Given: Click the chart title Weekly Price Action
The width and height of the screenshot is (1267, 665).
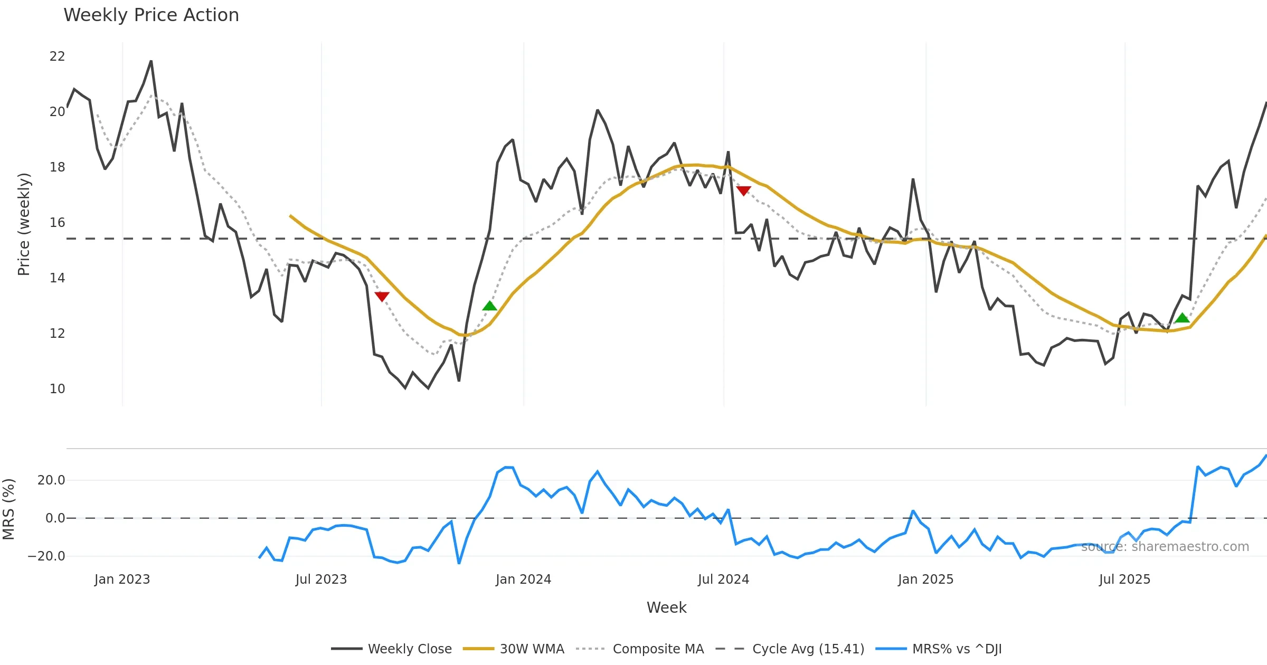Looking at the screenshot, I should (x=151, y=15).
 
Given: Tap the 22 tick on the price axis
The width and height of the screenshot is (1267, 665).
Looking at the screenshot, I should (x=57, y=56).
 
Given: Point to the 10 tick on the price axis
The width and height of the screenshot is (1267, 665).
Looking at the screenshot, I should (x=57, y=389).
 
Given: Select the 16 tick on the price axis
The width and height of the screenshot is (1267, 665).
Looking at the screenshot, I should (x=57, y=223).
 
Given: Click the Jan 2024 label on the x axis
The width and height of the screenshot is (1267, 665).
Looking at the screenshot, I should (x=523, y=579).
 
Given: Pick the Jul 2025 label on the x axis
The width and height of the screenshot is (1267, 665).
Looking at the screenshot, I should (x=1124, y=579).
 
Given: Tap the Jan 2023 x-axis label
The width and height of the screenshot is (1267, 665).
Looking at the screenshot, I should (x=122, y=579).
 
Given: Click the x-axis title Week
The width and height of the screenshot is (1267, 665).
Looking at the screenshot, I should (x=666, y=608).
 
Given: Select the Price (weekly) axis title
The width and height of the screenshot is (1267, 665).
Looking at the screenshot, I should (x=24, y=224).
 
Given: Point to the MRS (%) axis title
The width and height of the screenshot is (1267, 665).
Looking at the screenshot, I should (x=9, y=509).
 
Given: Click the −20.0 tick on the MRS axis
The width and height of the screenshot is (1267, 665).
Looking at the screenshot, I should (x=46, y=556).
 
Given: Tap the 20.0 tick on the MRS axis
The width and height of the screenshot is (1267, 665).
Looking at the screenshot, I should (x=51, y=480).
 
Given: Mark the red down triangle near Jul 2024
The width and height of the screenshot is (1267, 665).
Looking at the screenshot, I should (x=743, y=191).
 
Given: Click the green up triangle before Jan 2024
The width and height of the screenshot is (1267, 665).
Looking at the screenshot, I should (x=489, y=306).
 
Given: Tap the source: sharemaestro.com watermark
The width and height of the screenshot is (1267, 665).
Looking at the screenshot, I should (x=1165, y=547).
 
